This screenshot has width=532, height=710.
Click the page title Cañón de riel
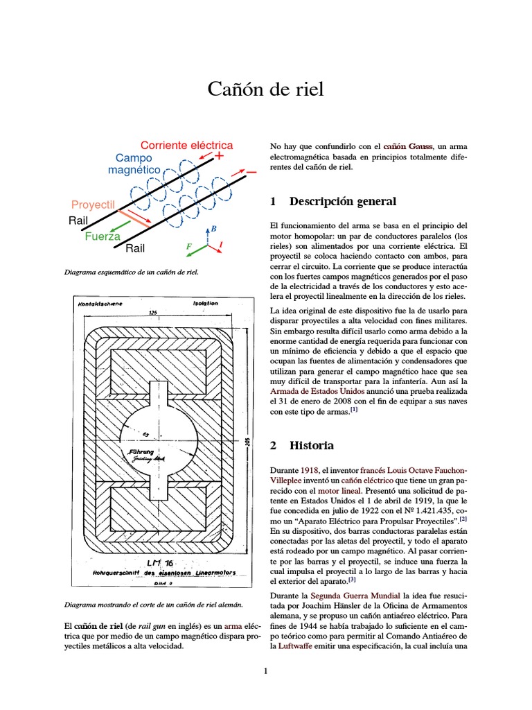[266, 90]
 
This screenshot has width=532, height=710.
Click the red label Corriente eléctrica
[186, 146]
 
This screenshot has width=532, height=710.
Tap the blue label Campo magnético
[137, 164]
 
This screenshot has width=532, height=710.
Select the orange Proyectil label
[92, 205]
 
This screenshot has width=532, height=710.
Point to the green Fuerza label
[103, 236]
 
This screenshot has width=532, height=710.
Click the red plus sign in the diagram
[220, 157]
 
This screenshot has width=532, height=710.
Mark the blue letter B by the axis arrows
[214, 228]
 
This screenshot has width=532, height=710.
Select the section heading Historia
[312, 445]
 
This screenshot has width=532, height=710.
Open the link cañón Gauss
[408, 146]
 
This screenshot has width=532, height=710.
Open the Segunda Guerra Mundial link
[355, 596]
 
